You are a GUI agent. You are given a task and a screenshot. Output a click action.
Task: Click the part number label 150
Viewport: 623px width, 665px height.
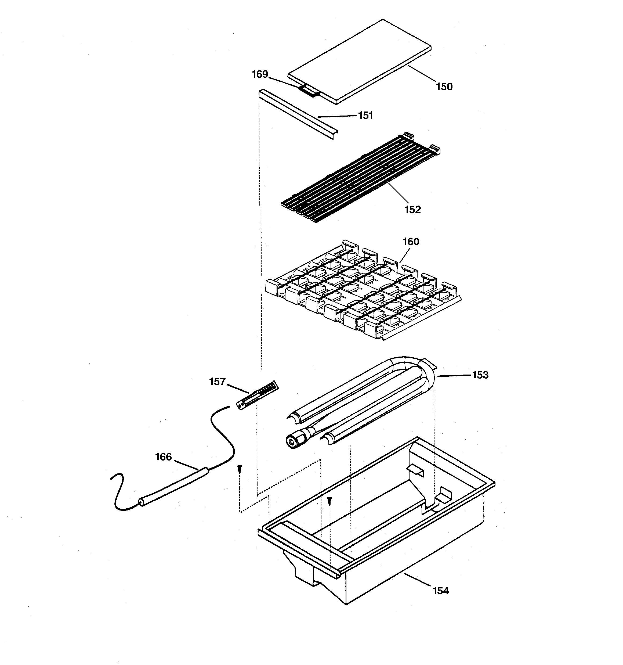pyautogui.click(x=444, y=87)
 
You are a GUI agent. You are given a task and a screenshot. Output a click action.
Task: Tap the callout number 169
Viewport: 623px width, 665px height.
pyautogui.click(x=260, y=74)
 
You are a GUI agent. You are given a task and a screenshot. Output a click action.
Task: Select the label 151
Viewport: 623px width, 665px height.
pyautogui.click(x=365, y=116)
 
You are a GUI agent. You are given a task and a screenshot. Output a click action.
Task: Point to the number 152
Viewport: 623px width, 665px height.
pyautogui.click(x=412, y=210)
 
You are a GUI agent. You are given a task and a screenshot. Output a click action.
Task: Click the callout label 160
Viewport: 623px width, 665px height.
pyautogui.click(x=411, y=242)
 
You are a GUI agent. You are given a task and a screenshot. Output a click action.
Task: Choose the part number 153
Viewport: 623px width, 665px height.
pyautogui.click(x=480, y=375)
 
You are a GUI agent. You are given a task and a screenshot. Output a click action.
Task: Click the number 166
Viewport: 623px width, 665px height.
pyautogui.click(x=163, y=457)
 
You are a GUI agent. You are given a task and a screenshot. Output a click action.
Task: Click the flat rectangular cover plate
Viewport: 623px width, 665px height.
pyautogui.click(x=360, y=62)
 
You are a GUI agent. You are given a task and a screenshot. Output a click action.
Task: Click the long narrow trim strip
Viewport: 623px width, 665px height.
pyautogui.click(x=298, y=114)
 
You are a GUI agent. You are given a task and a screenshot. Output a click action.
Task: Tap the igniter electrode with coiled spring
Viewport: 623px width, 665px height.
pyautogui.click(x=258, y=396)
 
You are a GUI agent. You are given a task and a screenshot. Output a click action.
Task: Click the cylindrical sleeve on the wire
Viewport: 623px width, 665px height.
pyautogui.click(x=174, y=485)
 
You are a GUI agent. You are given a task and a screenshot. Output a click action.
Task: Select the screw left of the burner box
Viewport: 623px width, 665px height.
pyautogui.click(x=240, y=469)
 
